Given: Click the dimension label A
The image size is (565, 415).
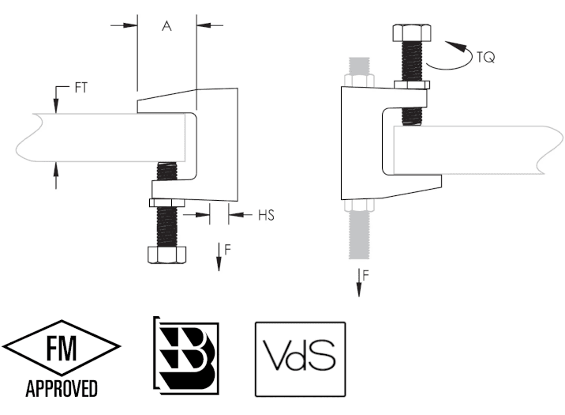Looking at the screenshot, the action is coord(167,26).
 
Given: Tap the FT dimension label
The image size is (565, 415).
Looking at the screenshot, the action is coord(81,88).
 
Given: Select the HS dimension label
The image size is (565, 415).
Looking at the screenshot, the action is coord(266,215).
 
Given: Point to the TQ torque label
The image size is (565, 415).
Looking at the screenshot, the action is coord(486,57).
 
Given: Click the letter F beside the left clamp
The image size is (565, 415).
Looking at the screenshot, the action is coord(227,249).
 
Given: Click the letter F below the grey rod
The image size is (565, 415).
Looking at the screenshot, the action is coord(365,275).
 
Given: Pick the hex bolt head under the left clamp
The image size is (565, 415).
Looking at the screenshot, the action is coord(167,255).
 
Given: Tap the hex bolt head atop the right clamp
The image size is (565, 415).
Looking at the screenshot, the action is coord(411,33).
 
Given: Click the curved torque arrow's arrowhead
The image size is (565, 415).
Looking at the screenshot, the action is coord(456,47).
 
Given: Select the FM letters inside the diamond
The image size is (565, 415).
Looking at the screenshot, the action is coord(62,348).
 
